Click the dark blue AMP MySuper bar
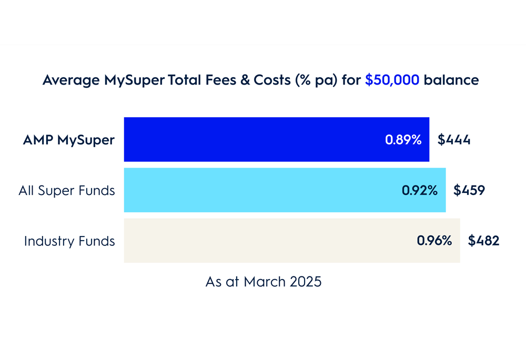click(252, 139)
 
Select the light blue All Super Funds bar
click(258, 190)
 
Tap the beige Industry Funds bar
click(263, 240)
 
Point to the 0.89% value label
click(403, 140)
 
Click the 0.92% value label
click(420, 190)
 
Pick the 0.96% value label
click(434, 241)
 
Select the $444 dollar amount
click(454, 140)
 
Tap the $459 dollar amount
click(469, 190)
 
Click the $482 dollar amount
click(483, 241)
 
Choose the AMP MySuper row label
click(68, 140)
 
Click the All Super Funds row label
click(67, 190)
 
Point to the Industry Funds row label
click(69, 241)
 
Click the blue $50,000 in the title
click(392, 80)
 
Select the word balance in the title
click(451, 80)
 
